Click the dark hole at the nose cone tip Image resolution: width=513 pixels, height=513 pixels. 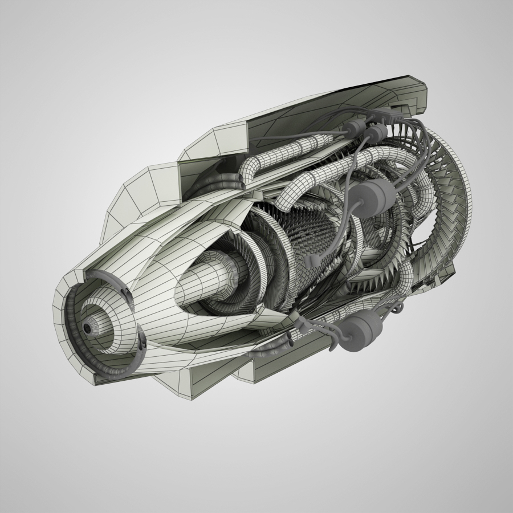(x=87, y=329)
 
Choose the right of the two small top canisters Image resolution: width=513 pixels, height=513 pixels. (x=376, y=135)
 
